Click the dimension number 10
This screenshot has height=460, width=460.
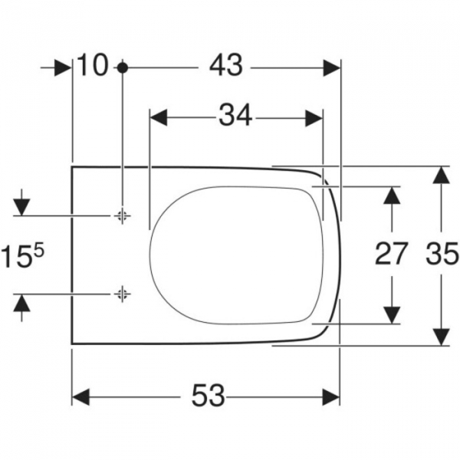[93, 67]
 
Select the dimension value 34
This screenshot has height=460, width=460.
[235, 117]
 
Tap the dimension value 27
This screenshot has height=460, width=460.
[391, 253]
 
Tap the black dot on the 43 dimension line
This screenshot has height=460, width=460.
[122, 67]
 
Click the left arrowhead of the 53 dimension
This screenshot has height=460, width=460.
[80, 396]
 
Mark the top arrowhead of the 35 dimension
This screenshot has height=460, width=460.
[440, 176]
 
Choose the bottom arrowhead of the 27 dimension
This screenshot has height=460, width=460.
[392, 314]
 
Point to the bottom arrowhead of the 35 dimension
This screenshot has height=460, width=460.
[440, 336]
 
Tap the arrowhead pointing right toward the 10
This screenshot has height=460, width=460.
[62, 67]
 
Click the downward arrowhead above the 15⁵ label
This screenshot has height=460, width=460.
[21, 205]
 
